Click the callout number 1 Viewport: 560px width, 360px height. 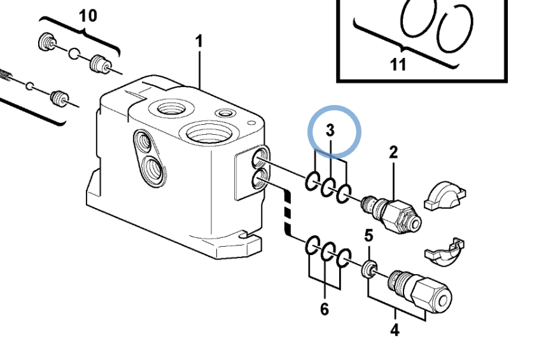point(199,41)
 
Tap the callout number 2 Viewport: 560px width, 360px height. point(393,153)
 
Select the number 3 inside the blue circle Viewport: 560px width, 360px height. point(330,130)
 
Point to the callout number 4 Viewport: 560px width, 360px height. point(395,330)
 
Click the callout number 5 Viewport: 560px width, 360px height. point(369,235)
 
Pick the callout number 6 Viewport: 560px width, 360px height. point(325,309)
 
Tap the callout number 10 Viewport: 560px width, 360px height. point(88,16)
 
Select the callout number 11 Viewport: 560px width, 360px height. point(398,65)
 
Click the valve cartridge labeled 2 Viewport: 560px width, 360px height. point(391,214)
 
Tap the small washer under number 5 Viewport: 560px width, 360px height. point(369,269)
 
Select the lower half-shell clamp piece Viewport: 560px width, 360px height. point(445,253)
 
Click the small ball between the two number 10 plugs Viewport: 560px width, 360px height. point(74,54)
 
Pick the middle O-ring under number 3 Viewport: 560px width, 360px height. point(328,187)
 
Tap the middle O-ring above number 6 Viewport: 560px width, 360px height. point(328,253)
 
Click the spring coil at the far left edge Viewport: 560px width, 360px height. point(5,75)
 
